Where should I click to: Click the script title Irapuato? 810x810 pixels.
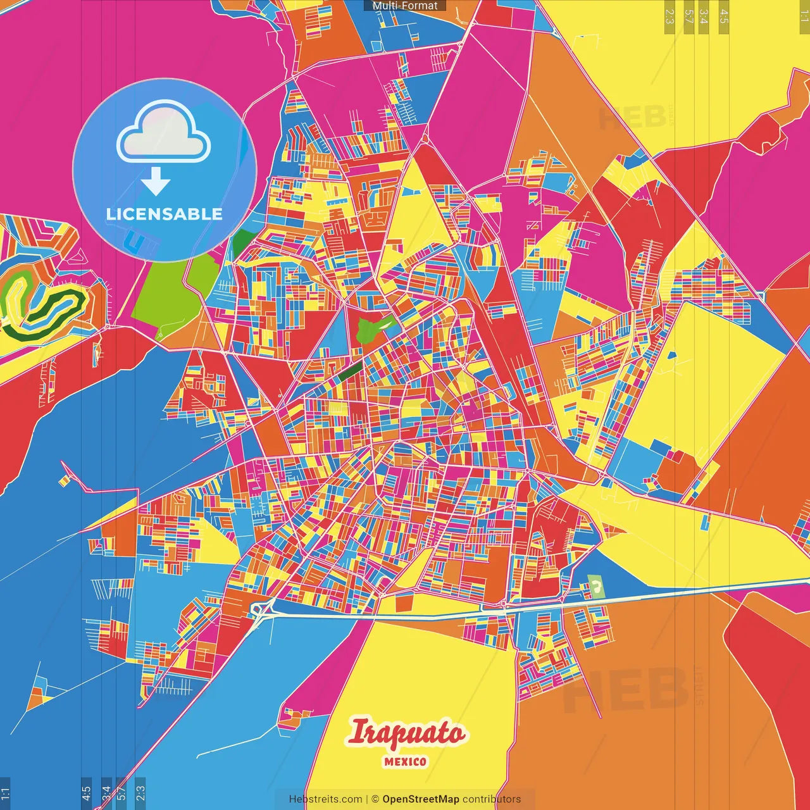406,733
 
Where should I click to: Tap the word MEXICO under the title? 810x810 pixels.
405,762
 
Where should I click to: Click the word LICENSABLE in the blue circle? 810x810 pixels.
165,214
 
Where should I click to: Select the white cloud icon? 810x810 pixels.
164,134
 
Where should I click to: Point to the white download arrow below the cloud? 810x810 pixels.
156,182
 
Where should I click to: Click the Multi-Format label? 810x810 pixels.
405,6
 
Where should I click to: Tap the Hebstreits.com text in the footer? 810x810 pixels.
325,799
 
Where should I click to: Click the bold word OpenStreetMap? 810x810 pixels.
421,799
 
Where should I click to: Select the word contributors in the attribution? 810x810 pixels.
492,799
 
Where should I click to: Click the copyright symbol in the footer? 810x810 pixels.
375,799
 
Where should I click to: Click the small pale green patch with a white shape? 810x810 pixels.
595,586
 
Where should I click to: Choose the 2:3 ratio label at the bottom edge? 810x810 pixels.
140,792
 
